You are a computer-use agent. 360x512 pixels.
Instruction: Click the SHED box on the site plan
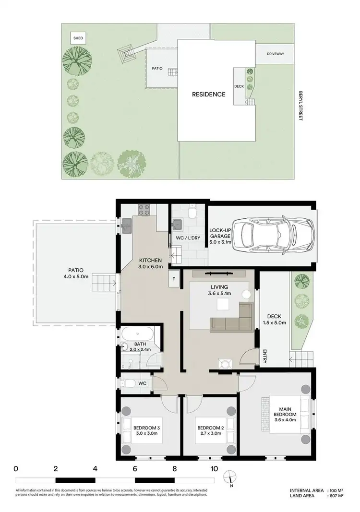(77, 38)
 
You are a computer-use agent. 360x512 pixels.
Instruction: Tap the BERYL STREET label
(300, 106)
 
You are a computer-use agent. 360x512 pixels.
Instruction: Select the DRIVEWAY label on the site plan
(276, 54)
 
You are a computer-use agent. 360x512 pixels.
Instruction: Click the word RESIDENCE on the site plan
(208, 95)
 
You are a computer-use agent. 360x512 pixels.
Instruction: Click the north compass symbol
(230, 476)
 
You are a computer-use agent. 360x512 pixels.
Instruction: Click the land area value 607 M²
(336, 496)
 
